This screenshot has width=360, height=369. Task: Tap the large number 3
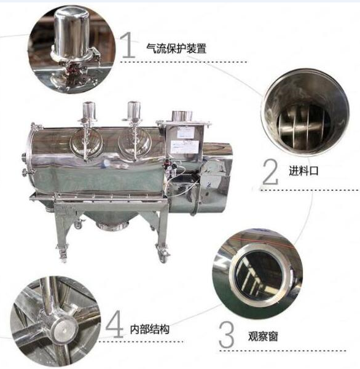[227, 335]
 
